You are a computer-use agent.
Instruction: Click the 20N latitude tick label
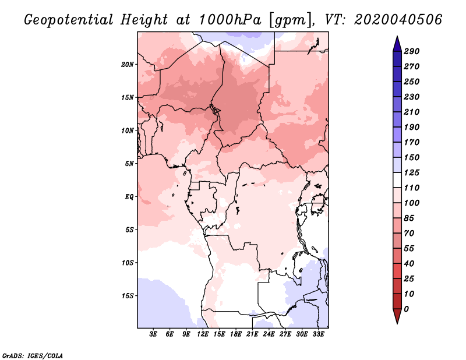click(128, 65)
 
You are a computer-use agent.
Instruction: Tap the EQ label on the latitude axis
click(129, 197)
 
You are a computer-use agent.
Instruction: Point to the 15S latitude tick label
click(128, 296)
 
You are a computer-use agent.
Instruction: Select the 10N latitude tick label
click(128, 130)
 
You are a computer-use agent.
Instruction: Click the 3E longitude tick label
click(153, 334)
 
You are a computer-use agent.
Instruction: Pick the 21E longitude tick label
click(252, 334)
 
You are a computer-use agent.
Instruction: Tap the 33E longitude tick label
click(318, 334)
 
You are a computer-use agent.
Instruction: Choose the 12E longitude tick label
click(203, 334)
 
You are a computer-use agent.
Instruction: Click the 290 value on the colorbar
click(412, 51)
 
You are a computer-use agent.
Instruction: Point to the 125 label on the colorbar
click(412, 172)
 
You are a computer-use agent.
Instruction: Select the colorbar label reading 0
click(407, 309)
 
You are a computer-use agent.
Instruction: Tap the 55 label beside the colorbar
click(409, 249)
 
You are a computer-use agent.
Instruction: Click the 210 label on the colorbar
click(412, 112)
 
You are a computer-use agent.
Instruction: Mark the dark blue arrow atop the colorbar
click(397, 44)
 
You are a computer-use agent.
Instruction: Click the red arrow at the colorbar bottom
click(397, 316)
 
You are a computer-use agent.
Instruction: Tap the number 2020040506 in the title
click(398, 20)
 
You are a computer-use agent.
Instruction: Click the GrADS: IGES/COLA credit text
click(33, 356)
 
